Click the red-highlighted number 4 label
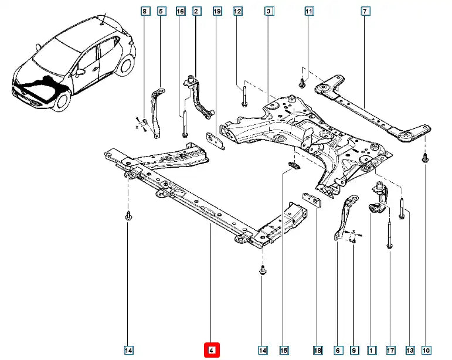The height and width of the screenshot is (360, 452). point(212,351)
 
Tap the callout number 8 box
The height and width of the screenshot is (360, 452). point(145,11)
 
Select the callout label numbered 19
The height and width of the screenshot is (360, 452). point(217,11)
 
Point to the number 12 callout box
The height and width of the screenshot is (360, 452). point(237,11)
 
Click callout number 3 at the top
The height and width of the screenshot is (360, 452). point(268,11)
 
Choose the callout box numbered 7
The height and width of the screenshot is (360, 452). point(365,11)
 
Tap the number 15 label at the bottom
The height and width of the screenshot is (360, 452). point(284,351)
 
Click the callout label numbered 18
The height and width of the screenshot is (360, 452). point(318,351)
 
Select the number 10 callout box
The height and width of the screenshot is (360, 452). point(426,351)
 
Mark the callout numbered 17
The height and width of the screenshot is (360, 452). point(390,351)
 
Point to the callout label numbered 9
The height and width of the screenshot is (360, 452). point(354,351)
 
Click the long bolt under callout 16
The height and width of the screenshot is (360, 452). point(185,123)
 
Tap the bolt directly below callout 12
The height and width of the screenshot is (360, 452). point(243,97)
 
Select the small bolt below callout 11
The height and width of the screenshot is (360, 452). point(302,83)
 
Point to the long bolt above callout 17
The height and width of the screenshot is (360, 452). point(389,235)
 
